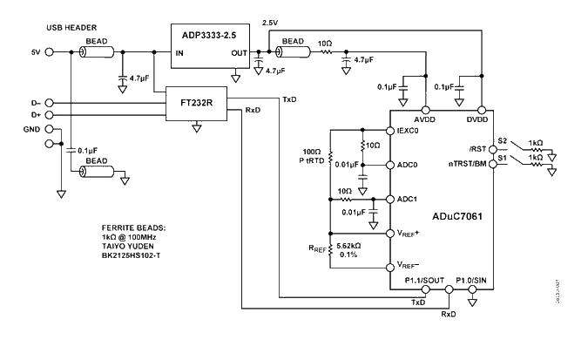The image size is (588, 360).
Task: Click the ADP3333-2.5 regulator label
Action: (209, 36)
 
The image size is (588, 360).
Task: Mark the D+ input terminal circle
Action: (49, 114)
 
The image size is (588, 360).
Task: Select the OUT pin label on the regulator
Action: (239, 52)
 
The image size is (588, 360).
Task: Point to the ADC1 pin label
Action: (408, 198)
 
